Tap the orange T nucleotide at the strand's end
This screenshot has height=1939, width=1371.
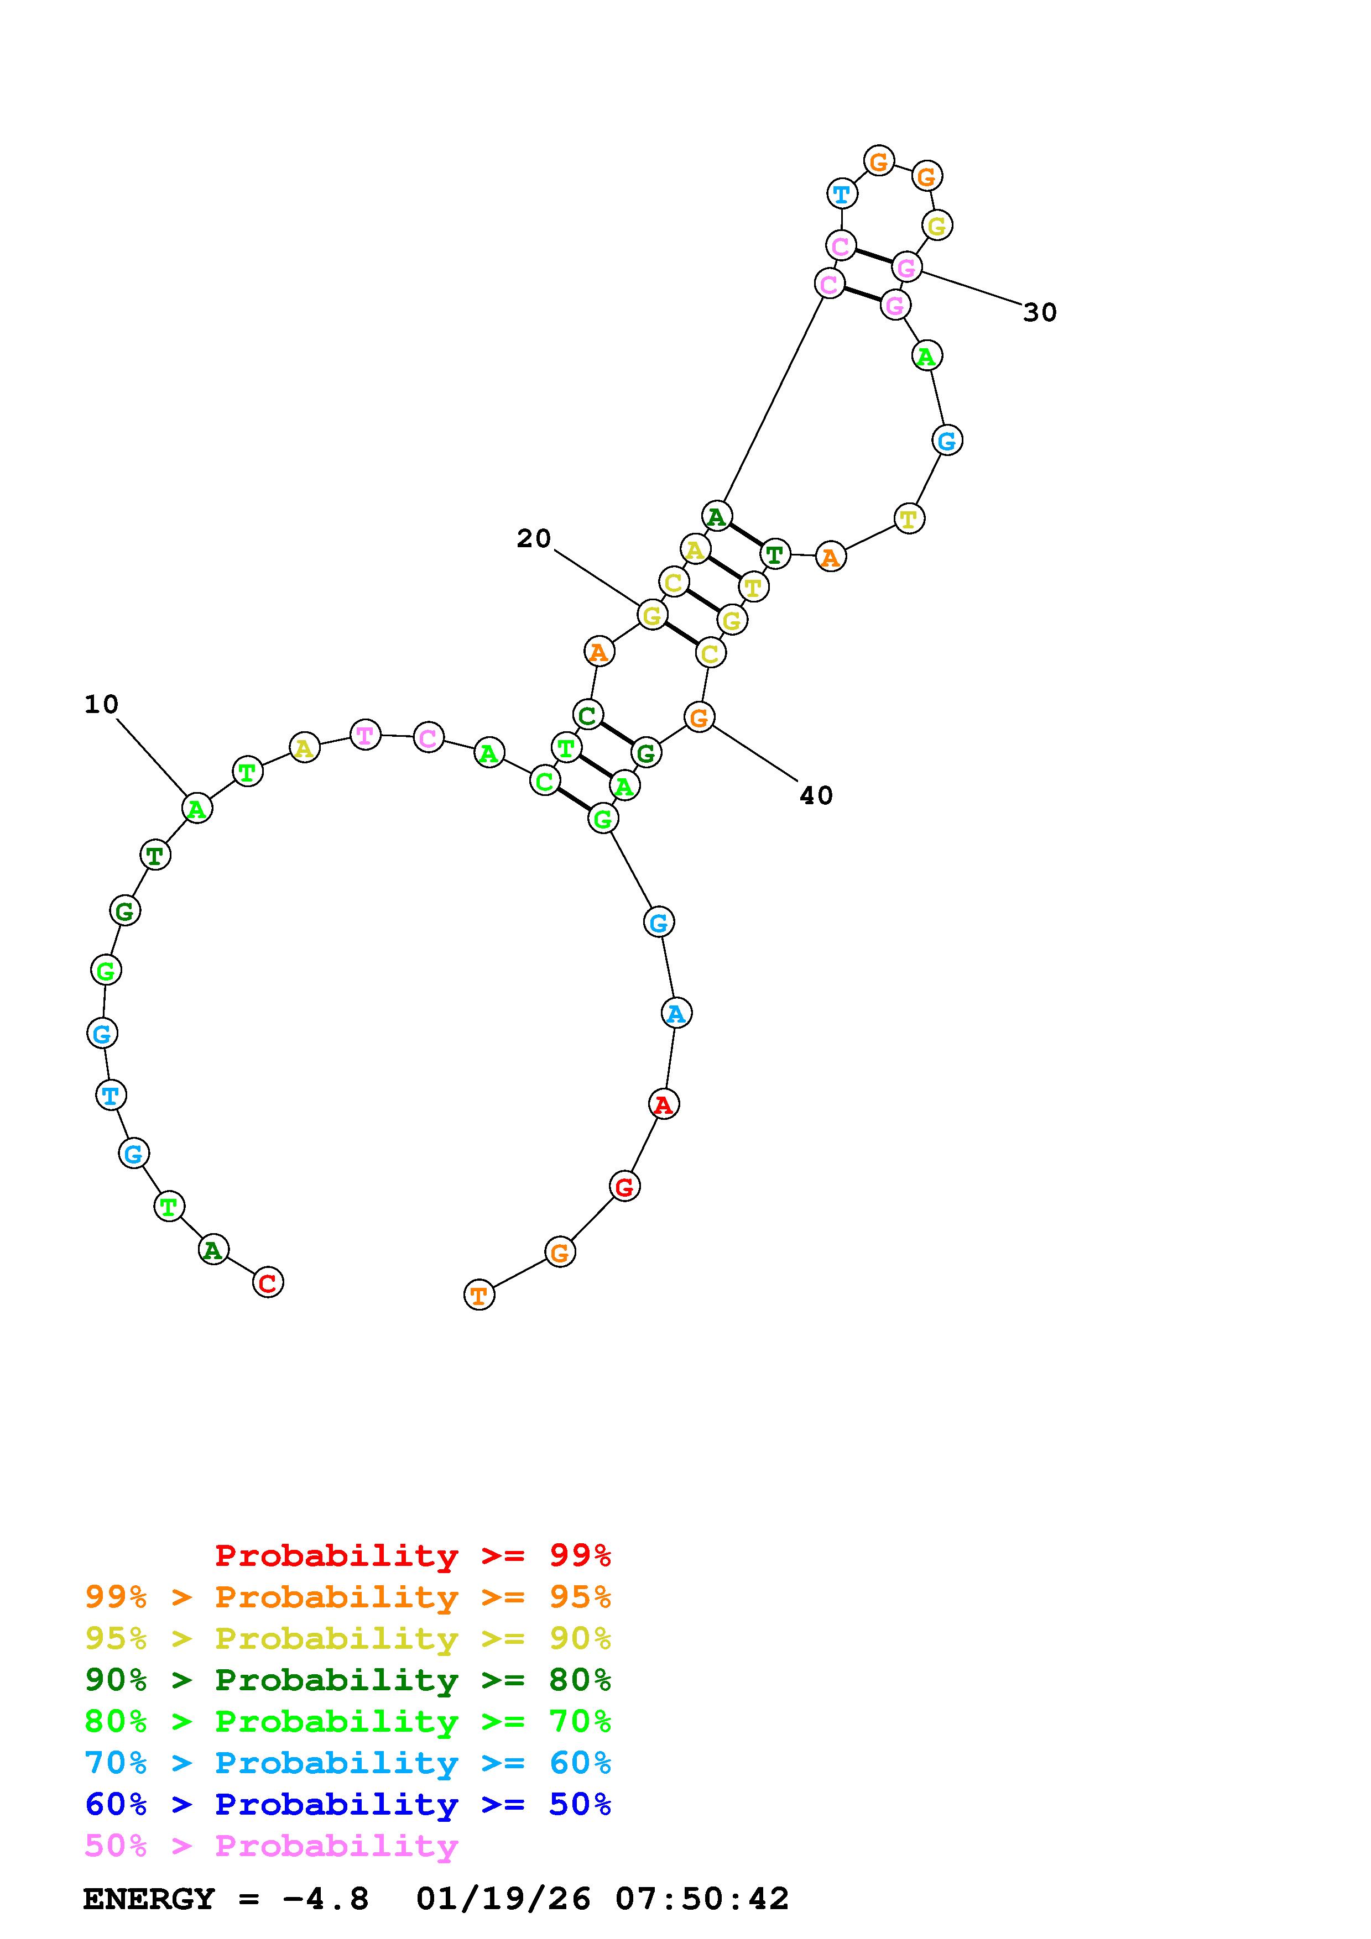point(479,1295)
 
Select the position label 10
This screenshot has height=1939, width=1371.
point(101,704)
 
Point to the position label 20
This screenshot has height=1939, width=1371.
point(534,538)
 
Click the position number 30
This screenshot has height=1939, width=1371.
point(1040,312)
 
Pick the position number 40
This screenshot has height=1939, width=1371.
point(816,795)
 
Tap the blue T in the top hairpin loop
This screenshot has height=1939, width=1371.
point(841,194)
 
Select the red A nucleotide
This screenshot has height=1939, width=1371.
point(664,1104)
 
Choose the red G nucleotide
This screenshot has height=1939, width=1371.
point(624,1187)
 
